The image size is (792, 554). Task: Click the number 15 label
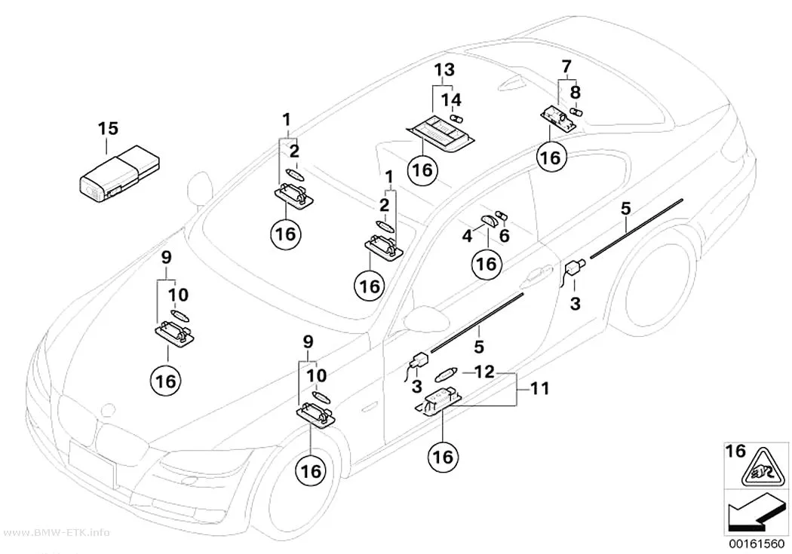(108, 129)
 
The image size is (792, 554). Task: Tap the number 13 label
(444, 69)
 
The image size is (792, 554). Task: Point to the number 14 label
(452, 99)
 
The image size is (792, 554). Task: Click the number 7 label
(566, 66)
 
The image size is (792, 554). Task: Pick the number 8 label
(576, 92)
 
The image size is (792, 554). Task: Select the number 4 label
(467, 235)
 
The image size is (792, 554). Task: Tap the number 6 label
(504, 235)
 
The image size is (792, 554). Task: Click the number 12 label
(484, 372)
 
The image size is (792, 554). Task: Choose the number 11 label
(539, 388)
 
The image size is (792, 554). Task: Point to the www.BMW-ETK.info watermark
(54, 533)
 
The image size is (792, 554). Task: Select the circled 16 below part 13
(422, 170)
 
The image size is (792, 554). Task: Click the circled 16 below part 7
(551, 158)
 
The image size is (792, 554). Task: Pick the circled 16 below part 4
(487, 263)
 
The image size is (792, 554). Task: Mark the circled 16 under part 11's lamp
(443, 457)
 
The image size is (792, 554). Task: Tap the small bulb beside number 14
(456, 119)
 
